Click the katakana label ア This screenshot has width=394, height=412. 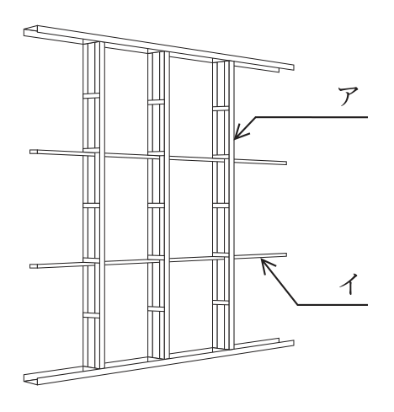348,96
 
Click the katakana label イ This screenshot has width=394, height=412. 349,283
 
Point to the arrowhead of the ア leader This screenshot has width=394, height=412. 235,139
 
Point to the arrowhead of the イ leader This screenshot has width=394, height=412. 262,259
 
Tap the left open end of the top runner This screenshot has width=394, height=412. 31,32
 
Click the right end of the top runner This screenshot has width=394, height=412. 294,67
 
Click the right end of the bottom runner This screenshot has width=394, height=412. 294,343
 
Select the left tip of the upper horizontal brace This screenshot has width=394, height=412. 30,152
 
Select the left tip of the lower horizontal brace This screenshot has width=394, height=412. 30,266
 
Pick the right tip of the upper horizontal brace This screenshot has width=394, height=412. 286,163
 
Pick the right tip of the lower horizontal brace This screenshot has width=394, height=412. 286,254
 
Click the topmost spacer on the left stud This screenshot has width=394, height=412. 91,96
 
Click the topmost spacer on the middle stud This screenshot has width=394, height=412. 156,102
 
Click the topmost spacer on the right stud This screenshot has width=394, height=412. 221,109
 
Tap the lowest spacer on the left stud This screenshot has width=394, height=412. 91,315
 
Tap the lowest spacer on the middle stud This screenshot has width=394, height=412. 156,308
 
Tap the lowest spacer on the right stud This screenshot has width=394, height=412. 221,302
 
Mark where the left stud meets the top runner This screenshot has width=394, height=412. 93,42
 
